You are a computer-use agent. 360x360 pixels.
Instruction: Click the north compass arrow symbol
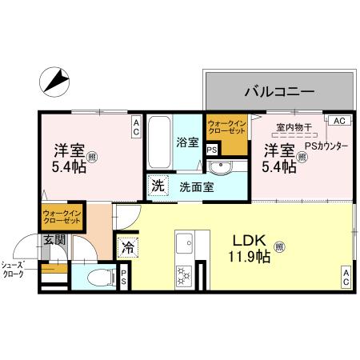tap(54, 81)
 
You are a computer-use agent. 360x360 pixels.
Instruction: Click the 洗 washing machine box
tap(158, 186)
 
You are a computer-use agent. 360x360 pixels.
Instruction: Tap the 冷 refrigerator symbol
tap(127, 248)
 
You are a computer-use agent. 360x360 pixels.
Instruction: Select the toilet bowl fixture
tap(95, 278)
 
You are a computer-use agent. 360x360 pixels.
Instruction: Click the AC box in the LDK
tap(347, 278)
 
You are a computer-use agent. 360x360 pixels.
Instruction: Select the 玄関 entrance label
tap(54, 240)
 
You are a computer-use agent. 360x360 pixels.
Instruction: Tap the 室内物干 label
tap(292, 127)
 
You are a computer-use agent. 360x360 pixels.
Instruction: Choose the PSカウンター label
tap(326, 146)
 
